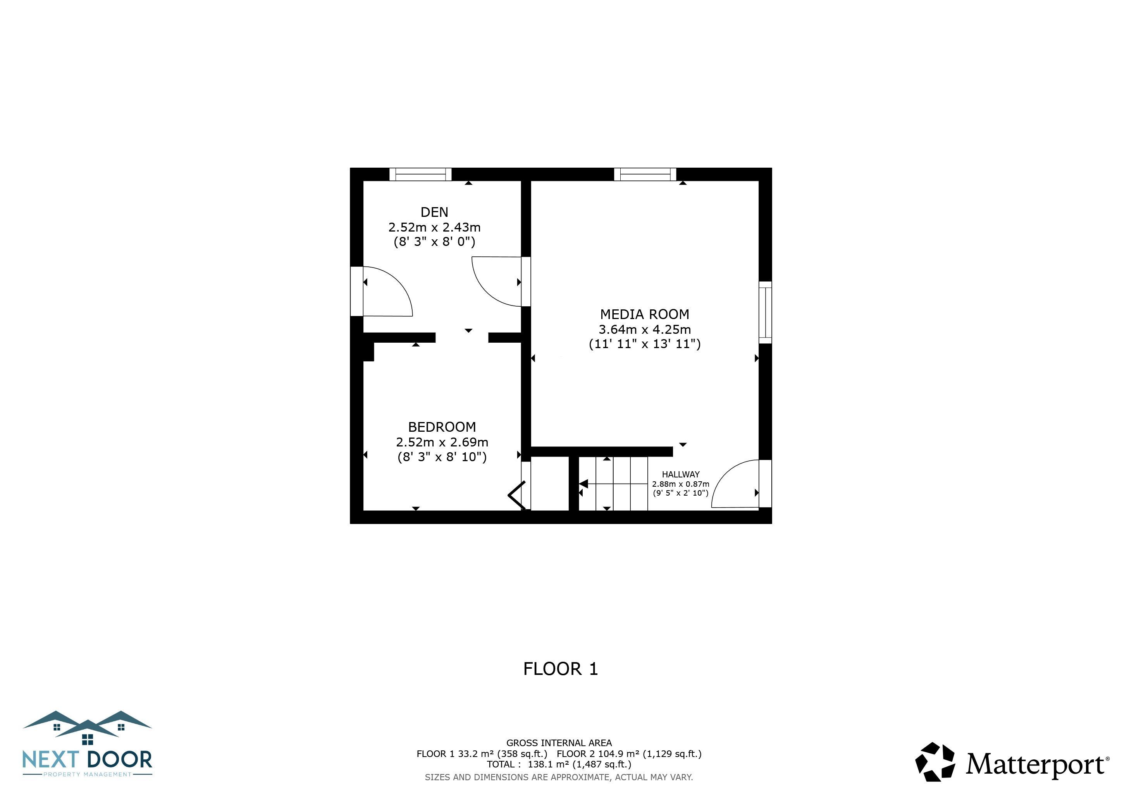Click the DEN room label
point(434,212)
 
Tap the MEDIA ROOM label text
point(645,314)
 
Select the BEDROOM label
point(442,427)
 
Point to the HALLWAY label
point(681,474)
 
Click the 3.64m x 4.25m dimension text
point(645,329)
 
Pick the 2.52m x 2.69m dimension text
point(442,442)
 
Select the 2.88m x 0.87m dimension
point(681,484)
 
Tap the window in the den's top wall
point(420,174)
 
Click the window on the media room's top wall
point(645,174)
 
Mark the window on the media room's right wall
point(765,312)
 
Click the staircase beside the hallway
point(613,483)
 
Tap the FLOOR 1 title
point(561,668)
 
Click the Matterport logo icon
point(935,762)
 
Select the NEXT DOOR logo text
point(88,760)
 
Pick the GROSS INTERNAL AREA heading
point(559,743)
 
